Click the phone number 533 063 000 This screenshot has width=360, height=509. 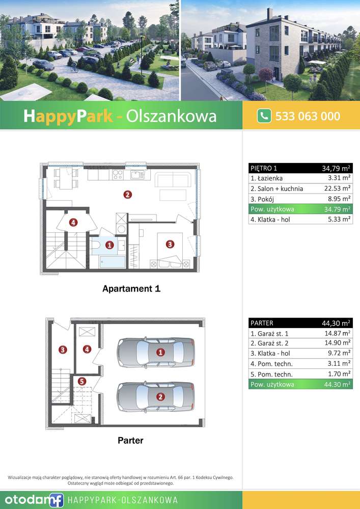(308, 116)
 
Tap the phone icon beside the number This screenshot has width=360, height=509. (264, 116)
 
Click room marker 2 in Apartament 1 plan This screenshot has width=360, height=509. (127, 194)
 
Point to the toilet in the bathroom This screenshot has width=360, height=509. (97, 246)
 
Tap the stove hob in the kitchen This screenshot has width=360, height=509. (118, 175)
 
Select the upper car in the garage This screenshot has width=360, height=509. (156, 351)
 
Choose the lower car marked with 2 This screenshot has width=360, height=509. (156, 396)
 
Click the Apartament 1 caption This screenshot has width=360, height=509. (131, 289)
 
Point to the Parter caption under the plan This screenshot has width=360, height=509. (130, 440)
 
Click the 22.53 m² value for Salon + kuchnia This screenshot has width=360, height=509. (338, 189)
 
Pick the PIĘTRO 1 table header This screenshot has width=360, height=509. (264, 168)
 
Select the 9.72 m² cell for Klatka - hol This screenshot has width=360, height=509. (338, 353)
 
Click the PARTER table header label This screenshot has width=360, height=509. (262, 323)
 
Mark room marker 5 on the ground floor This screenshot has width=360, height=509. (82, 381)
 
